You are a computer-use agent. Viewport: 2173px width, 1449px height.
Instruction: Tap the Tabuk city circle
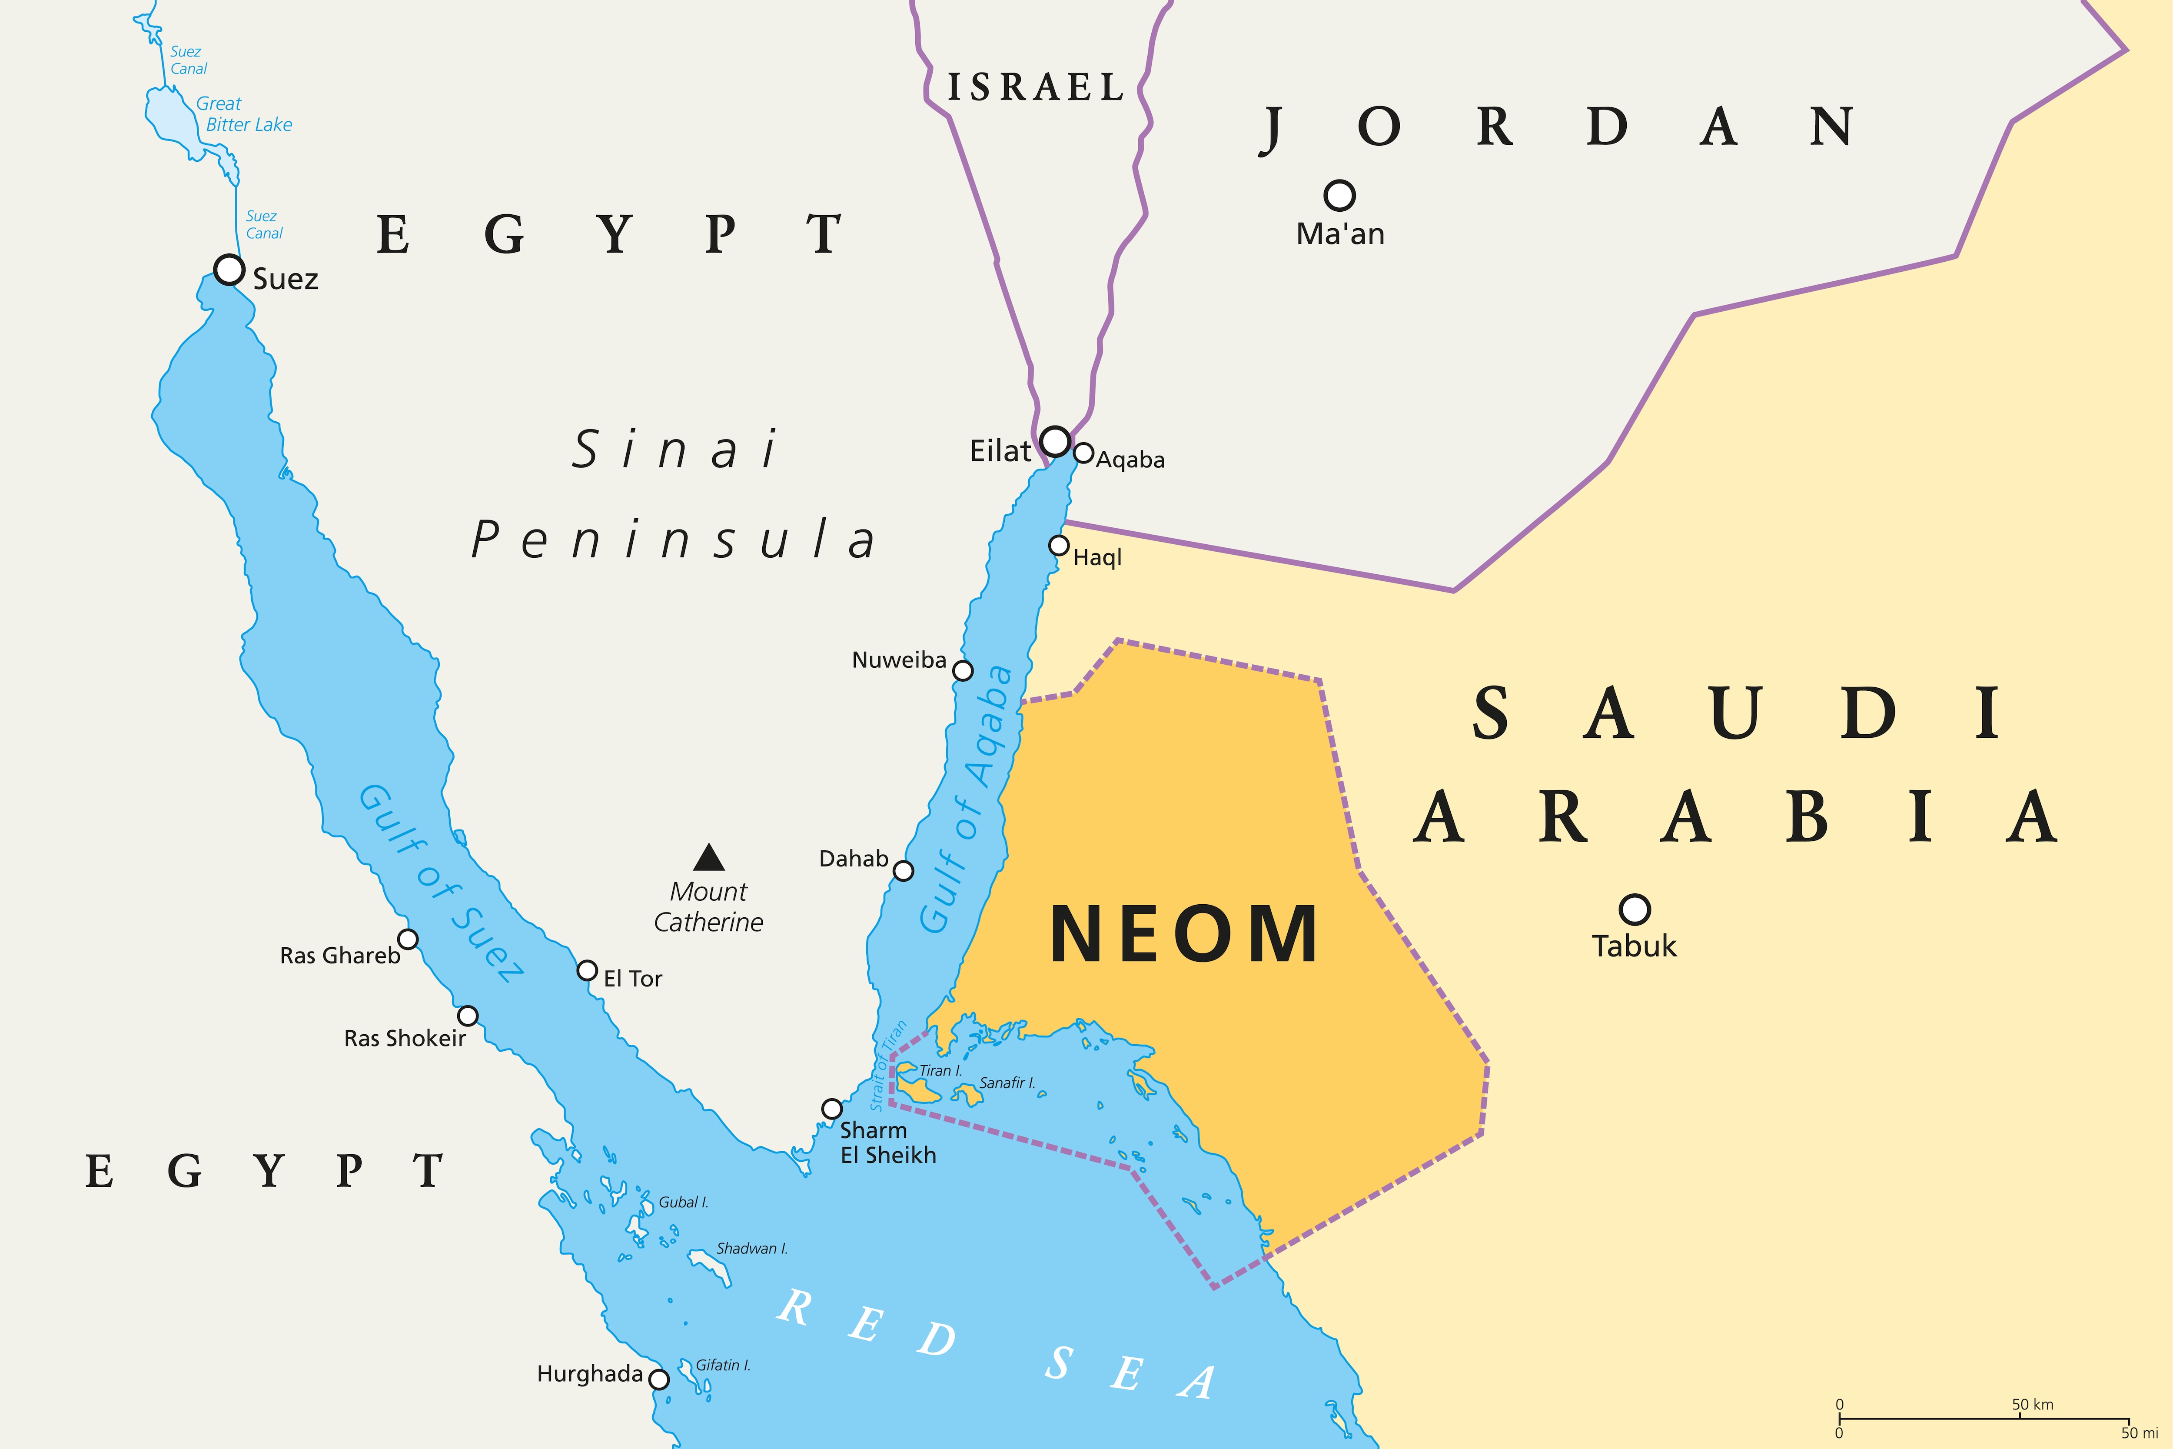pos(1635,909)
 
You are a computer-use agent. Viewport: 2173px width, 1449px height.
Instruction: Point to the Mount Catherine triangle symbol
pos(709,858)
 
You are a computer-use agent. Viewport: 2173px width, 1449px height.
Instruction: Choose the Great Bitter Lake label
pos(244,113)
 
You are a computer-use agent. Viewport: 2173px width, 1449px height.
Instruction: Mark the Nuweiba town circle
pos(963,670)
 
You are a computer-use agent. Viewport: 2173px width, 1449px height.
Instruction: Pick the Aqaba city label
pos(1130,460)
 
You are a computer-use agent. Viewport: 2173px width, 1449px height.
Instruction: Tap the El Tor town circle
pos(587,970)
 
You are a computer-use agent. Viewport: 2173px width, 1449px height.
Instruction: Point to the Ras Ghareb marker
pos(408,939)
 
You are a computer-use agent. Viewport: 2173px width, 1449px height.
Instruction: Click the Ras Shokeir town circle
pos(468,1016)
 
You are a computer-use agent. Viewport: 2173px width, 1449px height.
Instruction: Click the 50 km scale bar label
pos(2033,1405)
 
